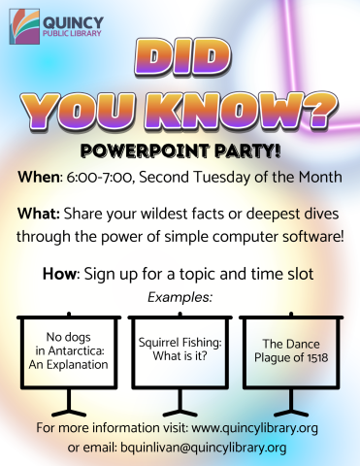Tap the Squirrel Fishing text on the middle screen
(179, 344)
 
